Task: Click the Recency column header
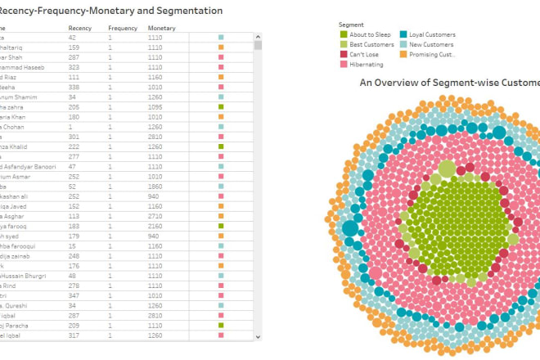pos(79,28)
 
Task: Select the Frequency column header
pos(123,28)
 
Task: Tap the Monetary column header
pos(161,28)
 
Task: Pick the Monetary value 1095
pos(155,107)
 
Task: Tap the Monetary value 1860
pos(155,187)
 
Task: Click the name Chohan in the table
pos(14,127)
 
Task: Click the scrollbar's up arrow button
pos(259,36)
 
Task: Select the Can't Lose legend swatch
pos(344,54)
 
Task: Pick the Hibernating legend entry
pos(368,63)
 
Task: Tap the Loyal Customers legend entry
pos(425,34)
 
